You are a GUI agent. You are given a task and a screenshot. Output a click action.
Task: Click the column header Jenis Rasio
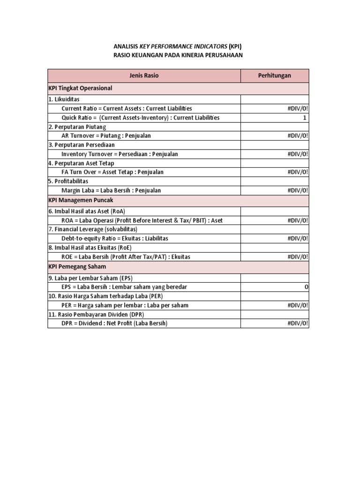[144, 75]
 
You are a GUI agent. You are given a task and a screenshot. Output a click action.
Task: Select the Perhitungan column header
[274, 75]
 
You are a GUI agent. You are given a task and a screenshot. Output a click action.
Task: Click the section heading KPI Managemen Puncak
[81, 200]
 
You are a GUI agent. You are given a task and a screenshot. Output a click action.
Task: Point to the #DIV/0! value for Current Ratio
[298, 108]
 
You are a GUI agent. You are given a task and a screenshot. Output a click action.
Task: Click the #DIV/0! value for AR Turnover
[298, 136]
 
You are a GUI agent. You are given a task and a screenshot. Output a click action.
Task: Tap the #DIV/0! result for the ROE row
[298, 257]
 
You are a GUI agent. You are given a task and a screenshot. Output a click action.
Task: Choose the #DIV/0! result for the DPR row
[298, 323]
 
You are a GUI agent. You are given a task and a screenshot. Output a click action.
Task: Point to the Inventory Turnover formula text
[120, 154]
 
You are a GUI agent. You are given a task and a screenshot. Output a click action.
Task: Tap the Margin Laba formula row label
[111, 190]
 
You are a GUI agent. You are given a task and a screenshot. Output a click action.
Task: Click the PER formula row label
[125, 305]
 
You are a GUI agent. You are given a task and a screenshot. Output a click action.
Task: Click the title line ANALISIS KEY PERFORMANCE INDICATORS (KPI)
[178, 46]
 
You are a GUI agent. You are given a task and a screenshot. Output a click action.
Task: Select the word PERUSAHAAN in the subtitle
[222, 55]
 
